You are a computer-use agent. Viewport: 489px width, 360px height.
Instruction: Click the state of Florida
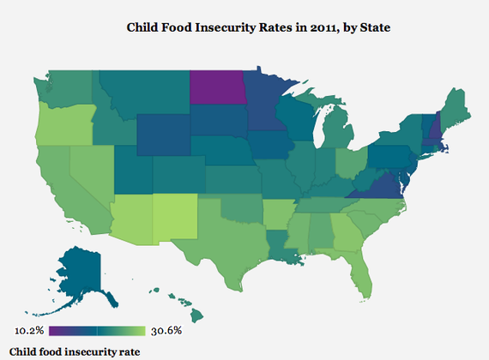click(x=361, y=274)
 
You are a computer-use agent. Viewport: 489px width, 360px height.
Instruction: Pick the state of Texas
click(x=226, y=243)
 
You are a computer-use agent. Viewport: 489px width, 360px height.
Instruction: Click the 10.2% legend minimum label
click(x=30, y=330)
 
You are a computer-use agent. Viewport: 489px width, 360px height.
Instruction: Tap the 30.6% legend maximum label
click(x=166, y=330)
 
